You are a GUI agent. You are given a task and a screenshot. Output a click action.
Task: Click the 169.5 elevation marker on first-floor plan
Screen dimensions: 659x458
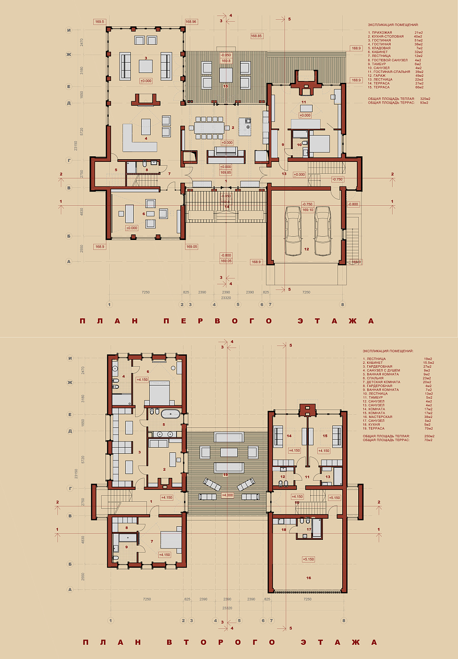[x=99, y=22]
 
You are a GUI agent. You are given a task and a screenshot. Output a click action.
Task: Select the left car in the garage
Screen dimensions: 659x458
[x=293, y=231]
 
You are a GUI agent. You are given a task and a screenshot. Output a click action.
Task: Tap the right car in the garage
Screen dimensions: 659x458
[x=323, y=231]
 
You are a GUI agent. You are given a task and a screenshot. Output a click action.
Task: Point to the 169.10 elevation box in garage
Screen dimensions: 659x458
[x=308, y=209]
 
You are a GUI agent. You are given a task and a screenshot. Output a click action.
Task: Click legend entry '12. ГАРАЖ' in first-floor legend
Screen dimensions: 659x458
[x=377, y=76]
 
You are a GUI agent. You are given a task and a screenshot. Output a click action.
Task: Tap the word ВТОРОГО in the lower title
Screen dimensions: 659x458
[x=220, y=642]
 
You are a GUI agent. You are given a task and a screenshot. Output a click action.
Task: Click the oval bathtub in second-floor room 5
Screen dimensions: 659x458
[x=170, y=414]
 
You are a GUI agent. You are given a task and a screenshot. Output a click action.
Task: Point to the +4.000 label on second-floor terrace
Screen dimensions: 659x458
[x=227, y=495]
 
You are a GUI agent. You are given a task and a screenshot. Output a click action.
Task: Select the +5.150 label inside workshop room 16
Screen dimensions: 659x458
[x=308, y=559]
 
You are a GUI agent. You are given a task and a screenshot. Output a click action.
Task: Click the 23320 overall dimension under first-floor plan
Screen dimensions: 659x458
[x=226, y=298]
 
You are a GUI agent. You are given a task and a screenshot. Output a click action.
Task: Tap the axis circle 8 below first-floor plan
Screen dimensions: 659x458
[x=343, y=305]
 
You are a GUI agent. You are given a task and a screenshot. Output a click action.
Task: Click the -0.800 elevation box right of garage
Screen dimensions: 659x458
[x=353, y=204]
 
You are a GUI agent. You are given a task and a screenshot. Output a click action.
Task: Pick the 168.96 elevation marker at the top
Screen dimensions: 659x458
[x=191, y=22]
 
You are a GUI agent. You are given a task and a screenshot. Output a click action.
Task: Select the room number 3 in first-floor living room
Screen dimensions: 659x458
[x=146, y=58]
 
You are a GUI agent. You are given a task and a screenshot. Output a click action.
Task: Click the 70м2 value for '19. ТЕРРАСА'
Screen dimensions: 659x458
[x=428, y=429]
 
